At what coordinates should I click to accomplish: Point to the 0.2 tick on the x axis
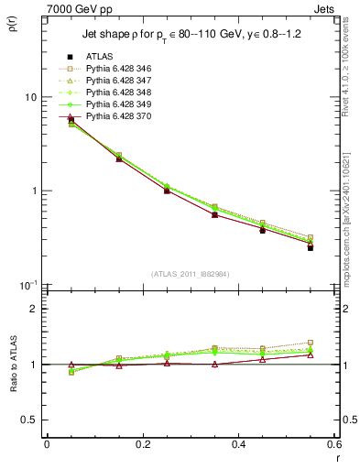tap(142, 444)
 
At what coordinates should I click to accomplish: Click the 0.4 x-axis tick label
tap(238, 444)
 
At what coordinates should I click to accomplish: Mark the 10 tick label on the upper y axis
tap(29, 98)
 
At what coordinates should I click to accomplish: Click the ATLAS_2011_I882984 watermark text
tap(190, 274)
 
